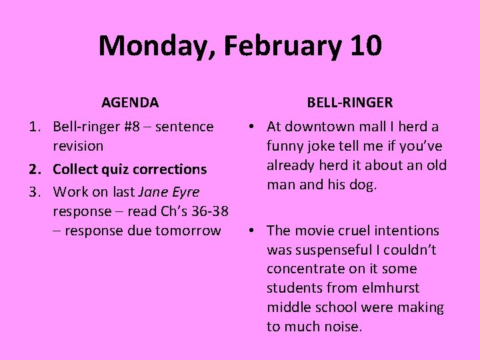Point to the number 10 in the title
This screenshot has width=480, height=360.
point(365,46)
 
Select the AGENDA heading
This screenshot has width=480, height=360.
point(130,103)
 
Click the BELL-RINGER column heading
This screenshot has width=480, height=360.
point(350,103)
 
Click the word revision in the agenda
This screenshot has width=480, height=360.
point(78,145)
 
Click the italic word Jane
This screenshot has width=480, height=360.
point(152,192)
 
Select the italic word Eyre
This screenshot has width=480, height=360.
point(185,193)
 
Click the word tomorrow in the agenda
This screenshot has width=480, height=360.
point(191,231)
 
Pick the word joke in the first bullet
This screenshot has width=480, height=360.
point(323,145)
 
